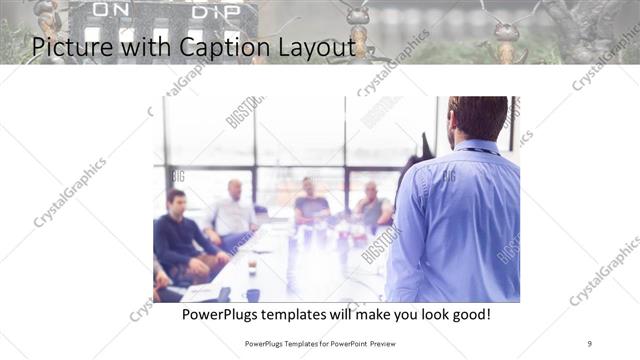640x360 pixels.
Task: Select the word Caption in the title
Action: (x=201, y=46)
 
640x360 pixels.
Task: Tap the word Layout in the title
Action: (x=305, y=46)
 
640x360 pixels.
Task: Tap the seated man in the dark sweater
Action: (x=179, y=235)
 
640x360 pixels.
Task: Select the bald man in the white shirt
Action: (x=234, y=211)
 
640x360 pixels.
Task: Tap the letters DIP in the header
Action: (x=214, y=11)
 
